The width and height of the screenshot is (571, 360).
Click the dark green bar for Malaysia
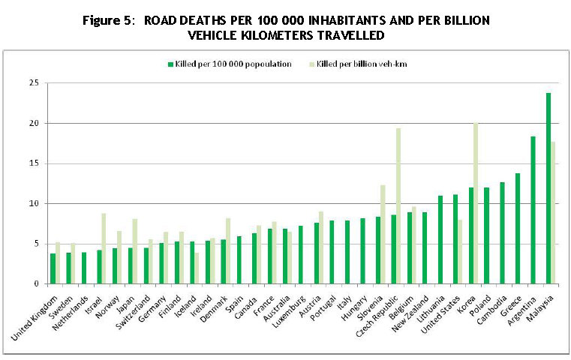click(548, 188)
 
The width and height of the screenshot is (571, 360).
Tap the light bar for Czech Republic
click(398, 205)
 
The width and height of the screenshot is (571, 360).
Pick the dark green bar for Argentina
click(533, 210)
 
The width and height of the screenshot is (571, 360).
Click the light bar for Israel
click(104, 248)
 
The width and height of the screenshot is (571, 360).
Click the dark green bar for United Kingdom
click(53, 268)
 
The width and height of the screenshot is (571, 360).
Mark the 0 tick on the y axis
click(36, 283)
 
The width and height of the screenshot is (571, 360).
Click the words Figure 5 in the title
click(112, 20)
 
